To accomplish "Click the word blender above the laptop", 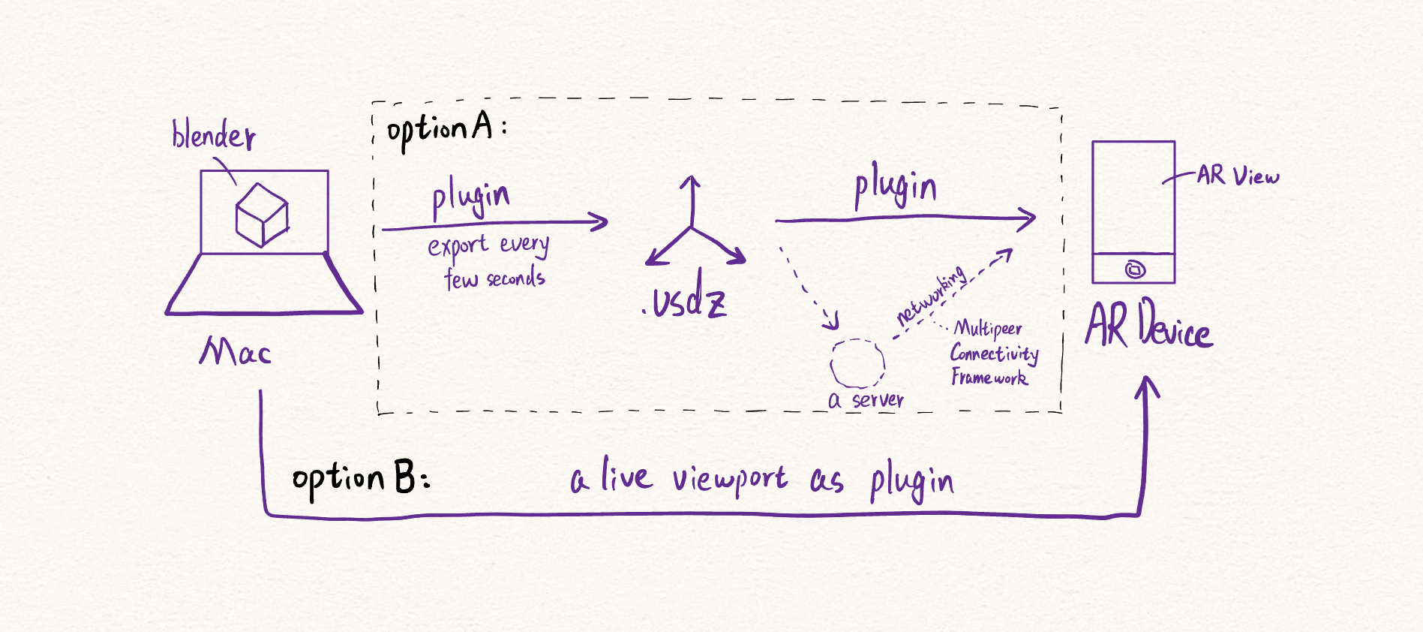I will (213, 136).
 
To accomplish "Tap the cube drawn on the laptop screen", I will (262, 215).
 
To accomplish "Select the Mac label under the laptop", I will (235, 351).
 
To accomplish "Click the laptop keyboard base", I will (264, 285).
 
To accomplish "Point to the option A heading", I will (446, 129).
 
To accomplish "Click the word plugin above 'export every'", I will (470, 198).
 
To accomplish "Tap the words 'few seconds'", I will (494, 278).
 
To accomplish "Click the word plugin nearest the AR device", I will (896, 188).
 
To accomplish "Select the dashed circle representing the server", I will (857, 363).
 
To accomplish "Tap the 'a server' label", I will (866, 400).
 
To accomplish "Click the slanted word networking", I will (932, 297).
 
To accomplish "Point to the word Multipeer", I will (987, 328).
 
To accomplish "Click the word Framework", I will (989, 377).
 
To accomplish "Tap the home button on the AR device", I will (1135, 269).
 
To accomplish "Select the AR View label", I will (1238, 176).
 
